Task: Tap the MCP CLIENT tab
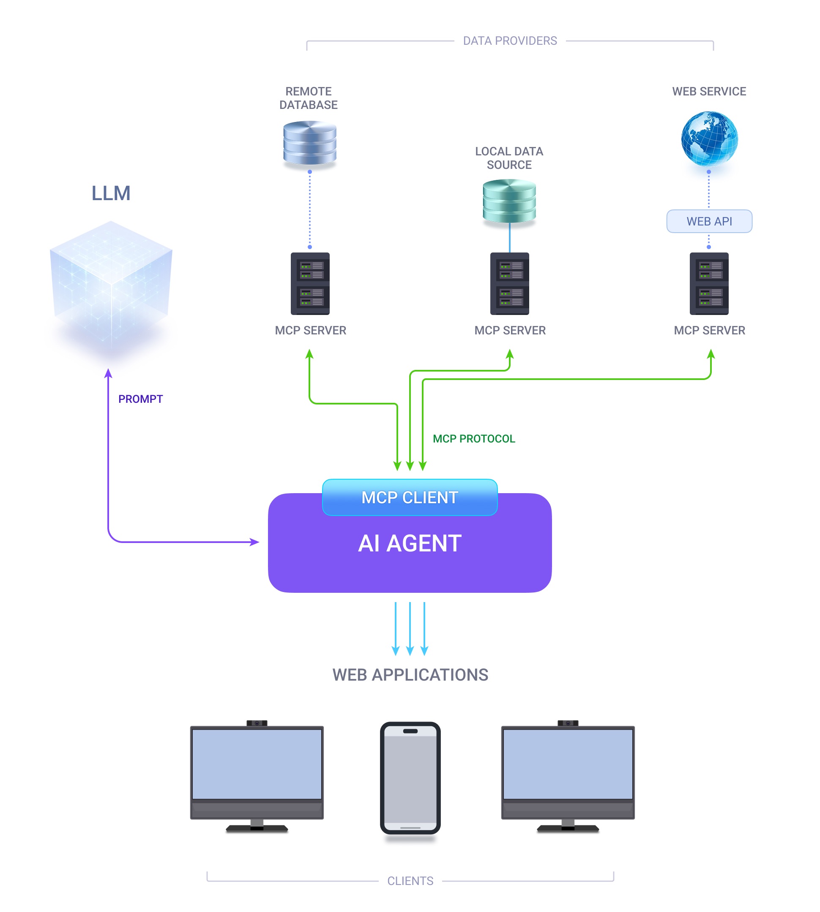pos(410,497)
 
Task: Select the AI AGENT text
pos(410,543)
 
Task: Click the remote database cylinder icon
pos(309,143)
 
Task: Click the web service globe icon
pos(709,138)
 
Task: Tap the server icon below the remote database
pos(310,283)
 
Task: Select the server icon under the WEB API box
pos(709,283)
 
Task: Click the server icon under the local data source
pos(509,283)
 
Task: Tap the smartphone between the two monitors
pos(410,777)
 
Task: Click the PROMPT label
pos(140,399)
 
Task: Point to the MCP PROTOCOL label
pos(473,438)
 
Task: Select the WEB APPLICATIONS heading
pos(410,675)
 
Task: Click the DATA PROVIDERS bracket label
pos(510,41)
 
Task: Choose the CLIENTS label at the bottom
pos(410,880)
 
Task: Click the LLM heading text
pos(111,193)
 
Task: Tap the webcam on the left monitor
pos(257,723)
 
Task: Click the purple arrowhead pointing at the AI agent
pos(255,542)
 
